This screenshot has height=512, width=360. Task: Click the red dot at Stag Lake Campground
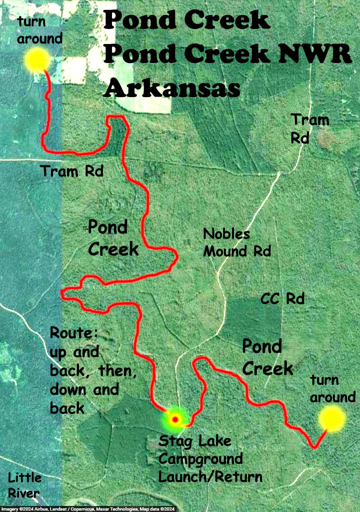(175, 419)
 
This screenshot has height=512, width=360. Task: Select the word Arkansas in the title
(172, 89)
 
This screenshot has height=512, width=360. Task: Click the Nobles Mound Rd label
(236, 242)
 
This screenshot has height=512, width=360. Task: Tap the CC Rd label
(282, 299)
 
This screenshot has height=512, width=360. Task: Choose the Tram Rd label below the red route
(72, 172)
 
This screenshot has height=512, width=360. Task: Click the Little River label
(24, 485)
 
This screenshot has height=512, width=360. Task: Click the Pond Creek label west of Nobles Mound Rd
(113, 238)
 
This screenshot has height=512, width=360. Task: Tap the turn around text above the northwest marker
(39, 30)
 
